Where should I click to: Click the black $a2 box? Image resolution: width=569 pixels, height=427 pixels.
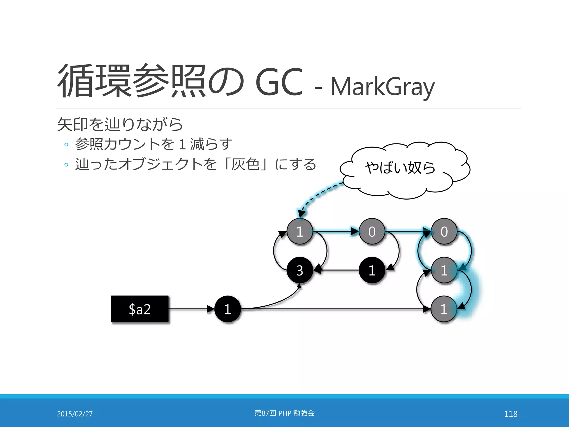[x=140, y=309]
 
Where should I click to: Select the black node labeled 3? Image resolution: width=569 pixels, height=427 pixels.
[x=300, y=270]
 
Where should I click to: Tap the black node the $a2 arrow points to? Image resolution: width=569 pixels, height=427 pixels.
[x=228, y=309]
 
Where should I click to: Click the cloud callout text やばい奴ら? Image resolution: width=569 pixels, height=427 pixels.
[x=400, y=168]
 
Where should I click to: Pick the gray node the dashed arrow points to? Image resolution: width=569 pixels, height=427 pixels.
[x=300, y=231]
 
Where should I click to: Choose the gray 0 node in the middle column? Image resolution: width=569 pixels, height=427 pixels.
[x=372, y=231]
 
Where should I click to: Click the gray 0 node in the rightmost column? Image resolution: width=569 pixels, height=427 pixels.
[x=444, y=231]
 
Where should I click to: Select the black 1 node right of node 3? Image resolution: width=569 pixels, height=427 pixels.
[x=372, y=270]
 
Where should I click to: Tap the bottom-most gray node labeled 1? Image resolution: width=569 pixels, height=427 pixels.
[x=444, y=309]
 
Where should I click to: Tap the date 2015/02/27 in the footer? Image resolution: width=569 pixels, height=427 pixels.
[x=75, y=414]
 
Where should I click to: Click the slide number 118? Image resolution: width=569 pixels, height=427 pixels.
[x=511, y=414]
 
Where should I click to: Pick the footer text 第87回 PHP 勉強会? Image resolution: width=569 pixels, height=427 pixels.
[x=284, y=413]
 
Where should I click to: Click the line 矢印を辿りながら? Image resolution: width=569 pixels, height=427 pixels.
[x=120, y=124]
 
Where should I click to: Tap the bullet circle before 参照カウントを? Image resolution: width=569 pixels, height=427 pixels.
[x=66, y=145]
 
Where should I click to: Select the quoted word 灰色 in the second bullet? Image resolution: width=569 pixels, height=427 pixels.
[x=245, y=164]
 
